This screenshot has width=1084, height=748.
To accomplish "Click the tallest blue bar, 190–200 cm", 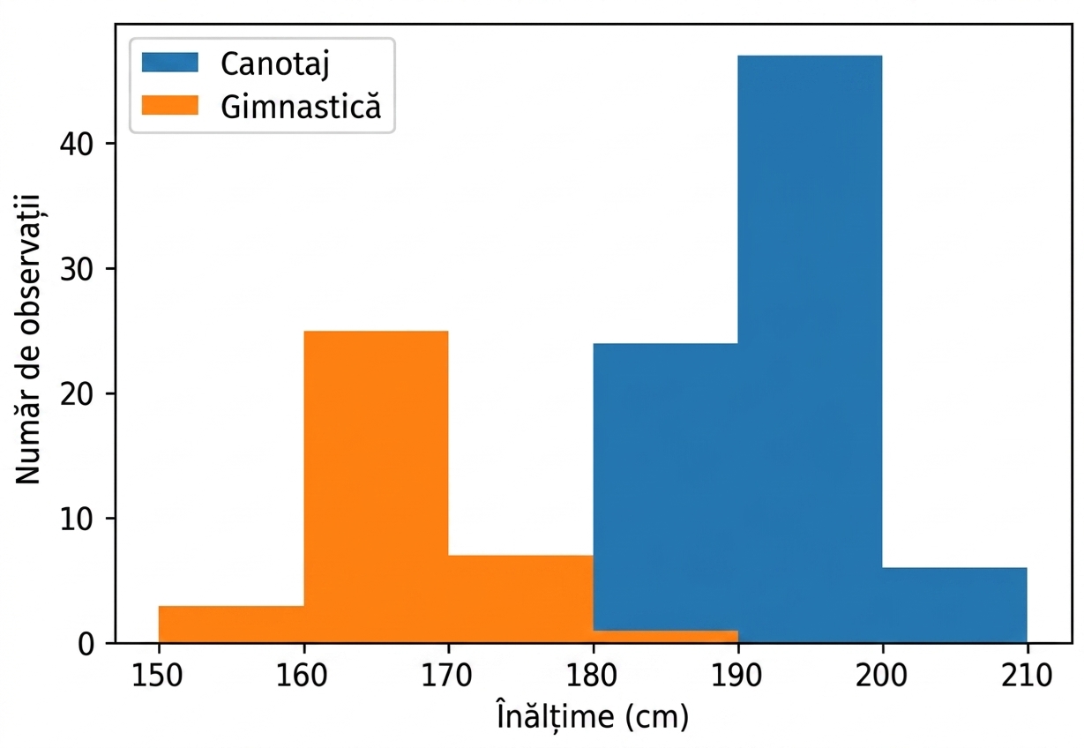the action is (810, 348).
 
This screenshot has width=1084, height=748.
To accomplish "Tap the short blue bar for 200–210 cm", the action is (954, 605).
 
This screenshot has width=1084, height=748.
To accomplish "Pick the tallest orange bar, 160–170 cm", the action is (376, 487).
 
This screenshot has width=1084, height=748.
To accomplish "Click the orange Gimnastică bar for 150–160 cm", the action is (231, 625).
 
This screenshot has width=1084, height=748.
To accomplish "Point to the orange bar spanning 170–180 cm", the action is (520, 599).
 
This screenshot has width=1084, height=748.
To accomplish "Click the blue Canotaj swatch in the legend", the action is (170, 63).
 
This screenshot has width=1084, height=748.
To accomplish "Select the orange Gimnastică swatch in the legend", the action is (170, 105).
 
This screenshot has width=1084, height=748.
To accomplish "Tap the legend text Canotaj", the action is (275, 64).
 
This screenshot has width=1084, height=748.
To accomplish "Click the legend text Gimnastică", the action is (301, 106).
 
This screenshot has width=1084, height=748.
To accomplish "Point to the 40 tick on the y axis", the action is (77, 144).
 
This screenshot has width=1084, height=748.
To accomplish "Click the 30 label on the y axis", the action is (77, 268).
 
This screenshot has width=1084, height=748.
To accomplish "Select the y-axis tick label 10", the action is (77, 519).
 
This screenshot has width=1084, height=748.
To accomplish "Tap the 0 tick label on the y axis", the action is (86, 644).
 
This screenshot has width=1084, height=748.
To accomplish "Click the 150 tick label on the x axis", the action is (157, 676).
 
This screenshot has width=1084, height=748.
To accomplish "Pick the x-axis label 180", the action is (591, 676).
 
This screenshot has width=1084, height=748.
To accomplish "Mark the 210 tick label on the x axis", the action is (1027, 676).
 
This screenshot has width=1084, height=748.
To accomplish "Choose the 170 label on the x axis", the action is (446, 676).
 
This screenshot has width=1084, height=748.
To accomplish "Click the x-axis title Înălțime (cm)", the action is (593, 716).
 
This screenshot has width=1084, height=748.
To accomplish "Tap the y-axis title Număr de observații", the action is (28, 339).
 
